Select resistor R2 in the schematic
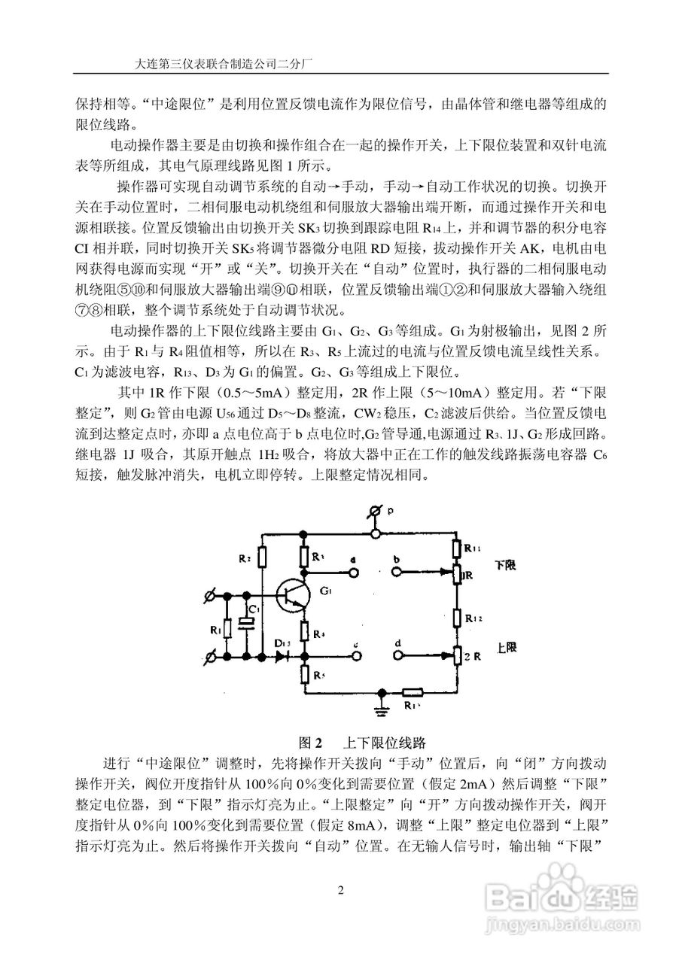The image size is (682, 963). [x=261, y=557]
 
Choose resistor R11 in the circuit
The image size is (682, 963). [x=458, y=549]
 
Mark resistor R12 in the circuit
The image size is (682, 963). [x=458, y=616]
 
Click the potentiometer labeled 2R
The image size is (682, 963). [x=458, y=657]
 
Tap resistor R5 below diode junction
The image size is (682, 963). [x=305, y=673]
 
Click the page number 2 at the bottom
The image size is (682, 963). [x=340, y=892]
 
